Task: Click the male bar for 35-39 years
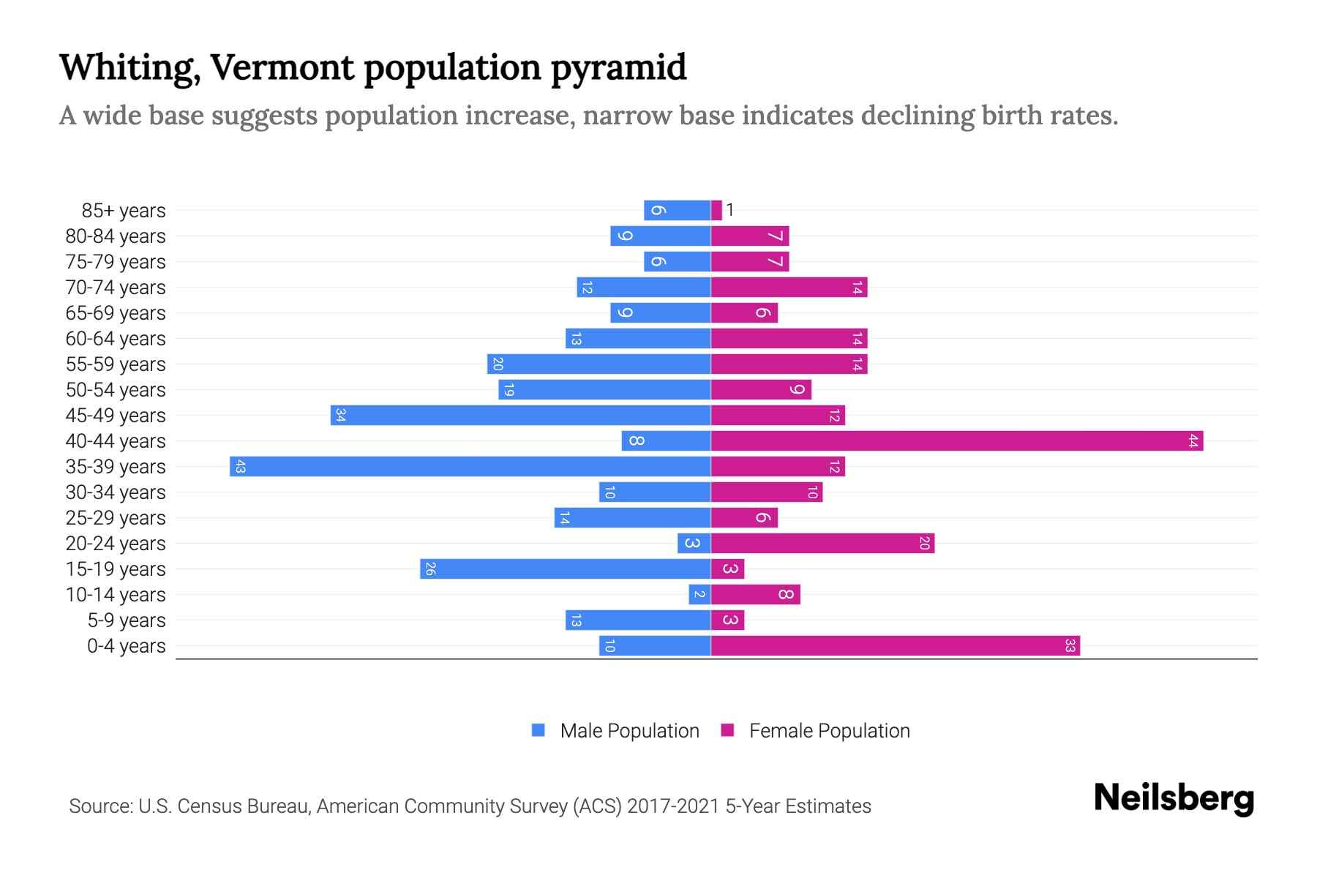470,467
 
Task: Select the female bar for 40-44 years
957,441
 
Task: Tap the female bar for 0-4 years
896,646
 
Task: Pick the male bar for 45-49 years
521,416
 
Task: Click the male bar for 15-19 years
566,569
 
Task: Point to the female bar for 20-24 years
822,544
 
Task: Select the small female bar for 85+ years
716,211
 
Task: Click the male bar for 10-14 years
699,595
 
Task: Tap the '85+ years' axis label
124,211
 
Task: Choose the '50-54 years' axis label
116,390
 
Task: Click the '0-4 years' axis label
126,646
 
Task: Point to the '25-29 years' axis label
116,518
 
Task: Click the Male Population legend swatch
539,730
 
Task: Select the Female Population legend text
829,731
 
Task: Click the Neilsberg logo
1174,798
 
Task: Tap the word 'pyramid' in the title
618,68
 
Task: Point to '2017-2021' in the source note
673,806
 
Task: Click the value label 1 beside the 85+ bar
729,211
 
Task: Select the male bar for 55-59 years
599,364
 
